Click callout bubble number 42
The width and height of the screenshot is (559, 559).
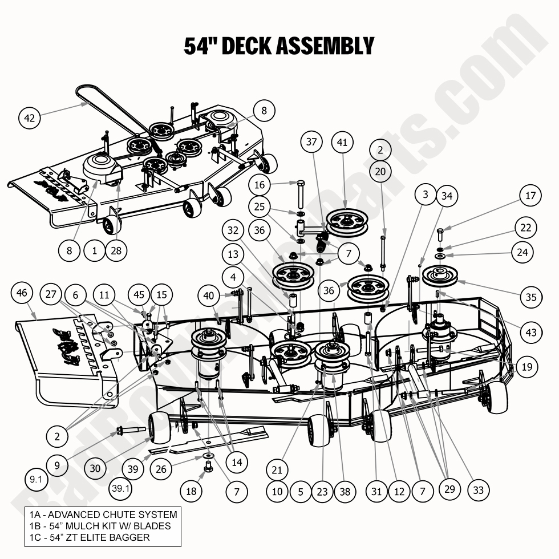click(x=30, y=118)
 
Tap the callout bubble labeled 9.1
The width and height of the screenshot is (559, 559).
click(x=36, y=480)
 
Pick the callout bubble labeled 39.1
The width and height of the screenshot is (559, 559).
click(x=121, y=489)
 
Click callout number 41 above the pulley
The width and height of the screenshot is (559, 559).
click(x=342, y=143)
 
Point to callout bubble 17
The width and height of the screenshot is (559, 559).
click(x=530, y=196)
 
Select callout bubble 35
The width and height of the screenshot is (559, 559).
click(x=531, y=297)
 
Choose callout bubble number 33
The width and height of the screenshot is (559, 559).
click(x=478, y=489)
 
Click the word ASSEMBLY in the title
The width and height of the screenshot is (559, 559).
click(x=326, y=46)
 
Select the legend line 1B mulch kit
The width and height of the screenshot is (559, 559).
click(x=100, y=526)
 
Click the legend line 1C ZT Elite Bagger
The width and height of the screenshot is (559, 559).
click(x=90, y=537)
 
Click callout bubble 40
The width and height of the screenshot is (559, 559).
click(x=209, y=295)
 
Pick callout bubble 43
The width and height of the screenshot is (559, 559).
click(x=531, y=333)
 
